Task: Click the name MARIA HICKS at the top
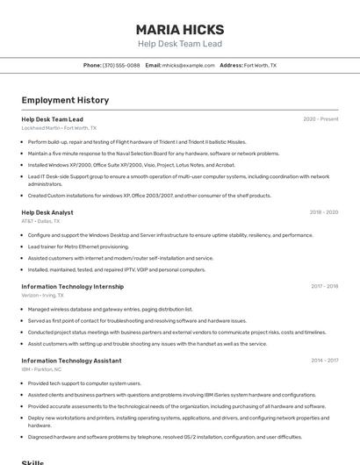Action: click(x=179, y=30)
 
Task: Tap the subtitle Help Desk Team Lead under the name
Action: click(x=179, y=44)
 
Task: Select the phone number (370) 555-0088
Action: click(x=121, y=65)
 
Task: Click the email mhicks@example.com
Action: click(x=188, y=65)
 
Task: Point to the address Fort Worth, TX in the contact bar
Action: click(x=260, y=65)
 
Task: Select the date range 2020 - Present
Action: click(x=320, y=119)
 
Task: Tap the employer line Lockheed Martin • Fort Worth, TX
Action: click(x=59, y=128)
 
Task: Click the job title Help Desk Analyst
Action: click(x=47, y=212)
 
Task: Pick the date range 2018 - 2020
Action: click(x=323, y=212)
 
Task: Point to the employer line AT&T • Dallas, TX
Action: click(x=40, y=221)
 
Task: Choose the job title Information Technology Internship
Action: click(x=72, y=286)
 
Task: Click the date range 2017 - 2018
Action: click(x=324, y=286)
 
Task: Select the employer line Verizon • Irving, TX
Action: click(x=42, y=295)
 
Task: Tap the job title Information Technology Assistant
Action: click(x=71, y=361)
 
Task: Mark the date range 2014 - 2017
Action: click(x=324, y=361)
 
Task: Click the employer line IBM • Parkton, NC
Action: click(x=41, y=369)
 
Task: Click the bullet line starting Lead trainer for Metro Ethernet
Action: click(x=78, y=247)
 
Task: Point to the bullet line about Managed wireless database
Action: click(x=110, y=309)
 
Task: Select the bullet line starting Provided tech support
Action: click(x=84, y=383)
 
